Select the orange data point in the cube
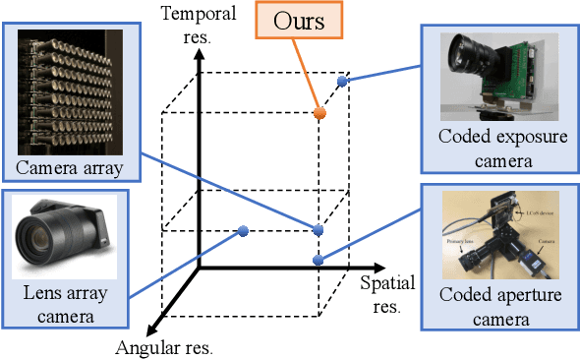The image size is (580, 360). coord(319,114)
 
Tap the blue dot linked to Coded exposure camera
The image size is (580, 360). coord(342,82)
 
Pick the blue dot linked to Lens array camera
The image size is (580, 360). coord(243,231)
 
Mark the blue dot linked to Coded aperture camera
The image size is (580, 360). coord(318,260)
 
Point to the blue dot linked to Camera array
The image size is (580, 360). coord(318,230)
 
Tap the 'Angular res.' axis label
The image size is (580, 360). coord(164,347)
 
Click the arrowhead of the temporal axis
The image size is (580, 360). coord(200,54)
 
